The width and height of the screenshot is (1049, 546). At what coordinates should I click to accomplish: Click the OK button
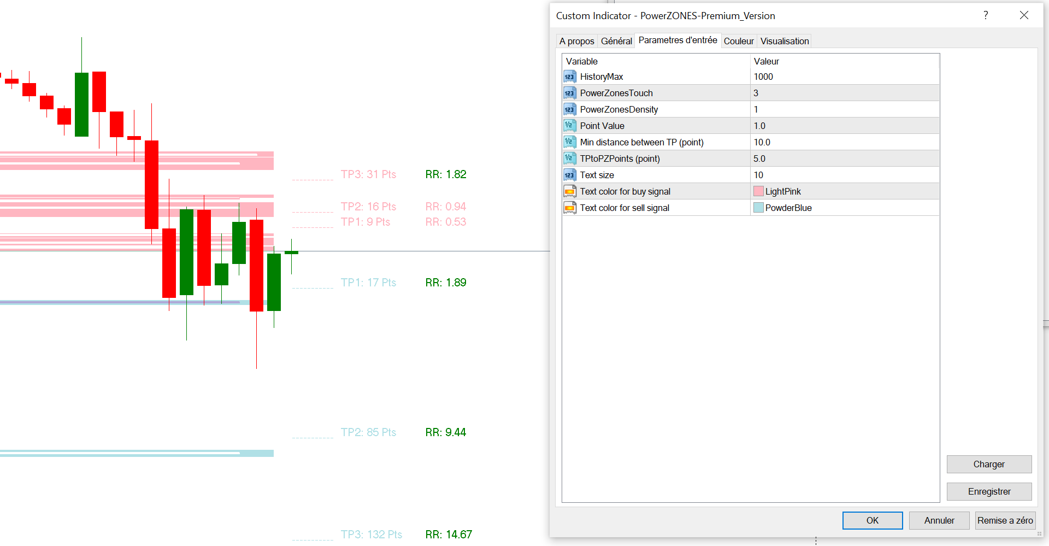tap(872, 520)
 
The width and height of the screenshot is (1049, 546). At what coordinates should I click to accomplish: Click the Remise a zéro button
tap(1005, 520)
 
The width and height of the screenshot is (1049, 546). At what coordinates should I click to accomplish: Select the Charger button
tap(988, 464)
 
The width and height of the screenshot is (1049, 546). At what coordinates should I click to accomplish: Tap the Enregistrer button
tap(988, 491)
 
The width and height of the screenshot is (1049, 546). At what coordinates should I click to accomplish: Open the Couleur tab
tap(738, 41)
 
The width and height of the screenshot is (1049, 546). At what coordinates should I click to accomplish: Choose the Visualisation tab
tap(784, 41)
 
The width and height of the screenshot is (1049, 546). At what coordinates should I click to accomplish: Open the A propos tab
tap(576, 41)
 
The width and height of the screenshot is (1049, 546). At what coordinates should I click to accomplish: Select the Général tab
tap(616, 41)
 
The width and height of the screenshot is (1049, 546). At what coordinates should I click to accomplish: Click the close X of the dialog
tap(1024, 15)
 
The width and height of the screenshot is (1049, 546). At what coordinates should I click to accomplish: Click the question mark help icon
tap(986, 15)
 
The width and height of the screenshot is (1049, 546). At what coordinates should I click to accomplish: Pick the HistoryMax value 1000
tap(763, 77)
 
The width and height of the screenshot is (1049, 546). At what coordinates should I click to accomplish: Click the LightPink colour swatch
tap(758, 191)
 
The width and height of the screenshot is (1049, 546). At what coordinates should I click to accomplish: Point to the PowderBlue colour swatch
tap(758, 208)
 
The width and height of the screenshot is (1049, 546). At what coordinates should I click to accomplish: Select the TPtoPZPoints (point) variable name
tap(620, 158)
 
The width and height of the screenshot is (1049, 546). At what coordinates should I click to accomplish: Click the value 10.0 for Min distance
tap(762, 142)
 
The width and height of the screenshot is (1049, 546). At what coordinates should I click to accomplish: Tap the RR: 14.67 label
tap(449, 535)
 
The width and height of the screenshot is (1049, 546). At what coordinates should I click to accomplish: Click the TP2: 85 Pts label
tap(368, 432)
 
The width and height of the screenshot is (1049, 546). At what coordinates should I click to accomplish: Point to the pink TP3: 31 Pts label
tap(368, 174)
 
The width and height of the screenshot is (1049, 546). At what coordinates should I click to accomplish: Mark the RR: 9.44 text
tap(445, 432)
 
